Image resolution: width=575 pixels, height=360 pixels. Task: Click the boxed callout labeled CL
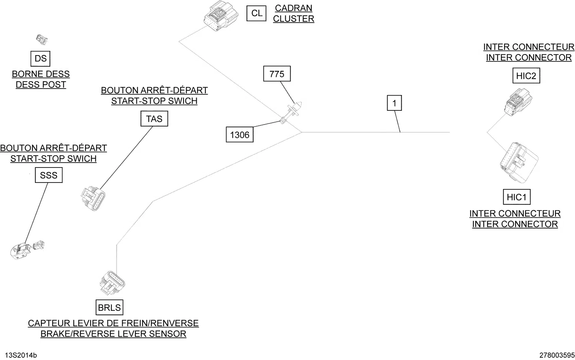pos(256,13)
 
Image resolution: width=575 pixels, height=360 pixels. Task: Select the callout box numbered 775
pos(277,74)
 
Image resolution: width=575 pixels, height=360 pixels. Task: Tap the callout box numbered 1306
pos(240,135)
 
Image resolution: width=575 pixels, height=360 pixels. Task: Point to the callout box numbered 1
pos(394,103)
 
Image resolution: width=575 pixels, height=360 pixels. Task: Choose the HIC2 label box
pos(526,76)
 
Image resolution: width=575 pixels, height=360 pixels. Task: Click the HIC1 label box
pos(516,197)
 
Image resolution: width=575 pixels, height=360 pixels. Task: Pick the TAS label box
pos(154,119)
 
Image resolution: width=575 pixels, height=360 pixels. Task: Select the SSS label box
pos(49,175)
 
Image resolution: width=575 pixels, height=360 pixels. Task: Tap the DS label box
pos(40,59)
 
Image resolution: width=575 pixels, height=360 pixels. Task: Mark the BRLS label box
pos(109,307)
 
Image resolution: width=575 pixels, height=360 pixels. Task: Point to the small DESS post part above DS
pos(41,39)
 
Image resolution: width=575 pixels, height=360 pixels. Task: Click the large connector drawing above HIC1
pos(518,162)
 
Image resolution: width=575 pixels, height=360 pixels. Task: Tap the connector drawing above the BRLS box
pos(112,283)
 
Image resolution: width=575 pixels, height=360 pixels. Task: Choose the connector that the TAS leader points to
pos(93,198)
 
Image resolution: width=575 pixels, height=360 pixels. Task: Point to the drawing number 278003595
pos(557,355)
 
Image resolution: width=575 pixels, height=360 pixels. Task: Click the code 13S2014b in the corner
pos(21,355)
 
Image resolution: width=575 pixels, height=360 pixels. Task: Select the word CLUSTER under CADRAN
pos(293,19)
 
